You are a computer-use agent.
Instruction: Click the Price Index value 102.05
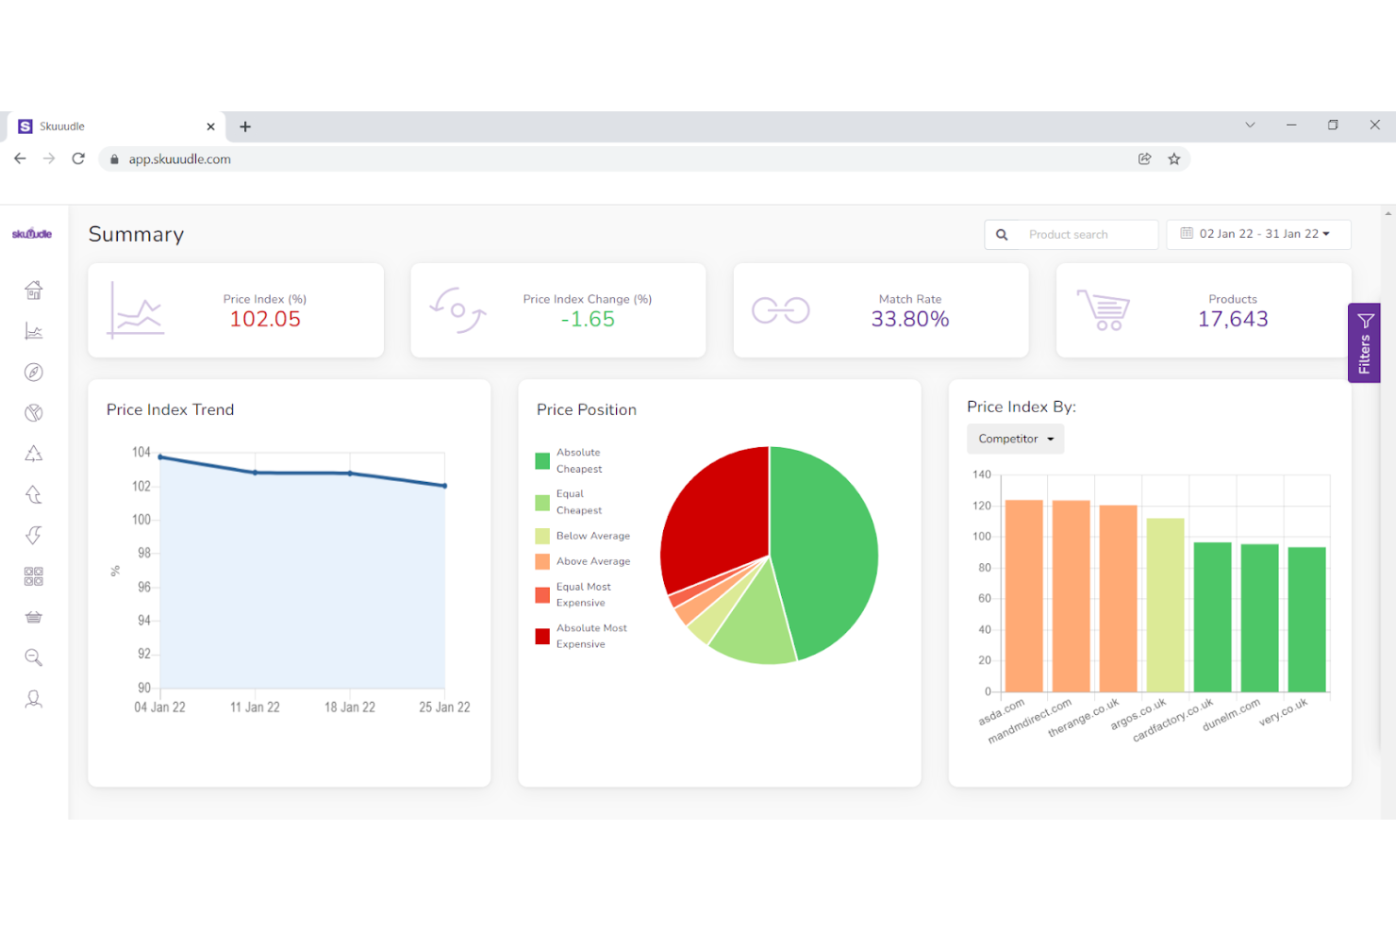click(265, 320)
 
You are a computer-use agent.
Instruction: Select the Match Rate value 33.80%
click(909, 320)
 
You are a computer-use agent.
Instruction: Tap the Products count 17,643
click(1232, 320)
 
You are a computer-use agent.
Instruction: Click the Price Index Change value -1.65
click(588, 320)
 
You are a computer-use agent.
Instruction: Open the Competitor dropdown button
click(1016, 439)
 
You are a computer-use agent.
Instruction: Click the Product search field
click(1085, 235)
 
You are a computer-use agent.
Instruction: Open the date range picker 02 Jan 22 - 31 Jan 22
click(1258, 234)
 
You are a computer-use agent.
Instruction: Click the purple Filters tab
click(1364, 343)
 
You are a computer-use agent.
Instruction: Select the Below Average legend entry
click(592, 536)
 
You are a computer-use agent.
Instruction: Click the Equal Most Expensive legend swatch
click(542, 595)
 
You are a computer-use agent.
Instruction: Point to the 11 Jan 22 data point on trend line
click(255, 473)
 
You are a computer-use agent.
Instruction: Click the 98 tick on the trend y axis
click(143, 553)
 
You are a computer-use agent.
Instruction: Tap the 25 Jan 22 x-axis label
click(444, 707)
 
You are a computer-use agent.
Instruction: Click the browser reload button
click(78, 158)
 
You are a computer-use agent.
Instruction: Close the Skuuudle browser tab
click(210, 126)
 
